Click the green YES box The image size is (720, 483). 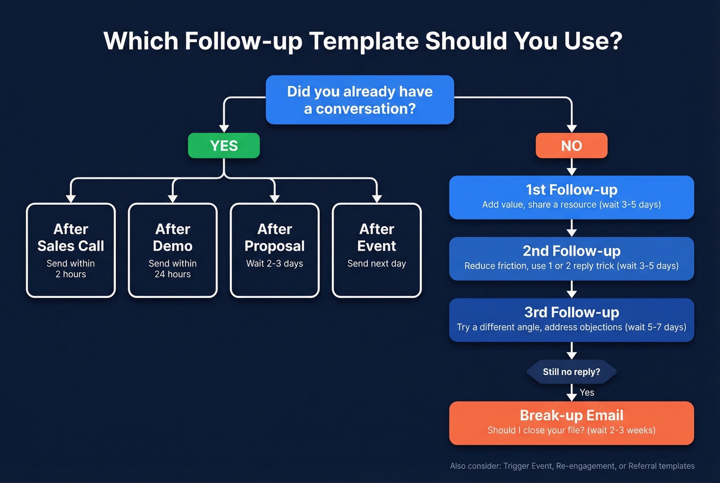224,146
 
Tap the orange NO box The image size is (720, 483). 571,146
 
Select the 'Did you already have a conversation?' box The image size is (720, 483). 359,100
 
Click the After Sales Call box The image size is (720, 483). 71,250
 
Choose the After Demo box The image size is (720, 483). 173,250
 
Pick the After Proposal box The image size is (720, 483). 275,250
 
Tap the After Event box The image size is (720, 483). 376,250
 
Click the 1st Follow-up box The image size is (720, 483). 571,197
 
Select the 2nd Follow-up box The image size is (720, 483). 571,258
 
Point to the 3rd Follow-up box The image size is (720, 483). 571,319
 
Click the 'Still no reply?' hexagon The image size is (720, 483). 571,372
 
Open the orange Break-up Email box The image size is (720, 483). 571,423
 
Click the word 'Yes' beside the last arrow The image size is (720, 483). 587,392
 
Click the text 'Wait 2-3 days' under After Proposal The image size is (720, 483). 275,263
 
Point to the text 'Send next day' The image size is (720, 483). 376,263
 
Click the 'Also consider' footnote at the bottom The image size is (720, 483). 572,466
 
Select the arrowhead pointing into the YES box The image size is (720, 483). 224,128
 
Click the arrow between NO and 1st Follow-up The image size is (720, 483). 571,167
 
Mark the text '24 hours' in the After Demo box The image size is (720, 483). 173,274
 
